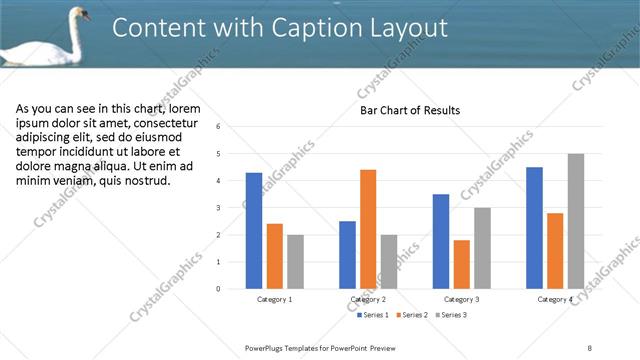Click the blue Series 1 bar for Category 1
point(254,231)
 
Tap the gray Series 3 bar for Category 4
point(575,221)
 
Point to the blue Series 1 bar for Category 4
point(534,228)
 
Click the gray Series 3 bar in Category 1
point(295,262)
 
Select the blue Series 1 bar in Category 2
point(347,255)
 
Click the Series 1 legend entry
point(374,315)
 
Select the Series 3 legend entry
point(450,315)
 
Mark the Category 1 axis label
point(275,299)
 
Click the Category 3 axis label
point(461,299)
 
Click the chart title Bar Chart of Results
point(410,110)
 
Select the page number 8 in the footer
point(590,347)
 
